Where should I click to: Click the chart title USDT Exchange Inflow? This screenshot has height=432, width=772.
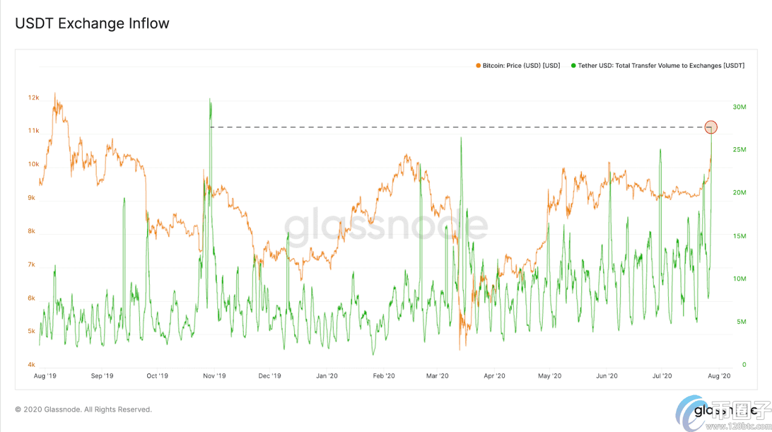pyautogui.click(x=92, y=24)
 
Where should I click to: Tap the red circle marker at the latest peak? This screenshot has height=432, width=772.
pyautogui.click(x=711, y=127)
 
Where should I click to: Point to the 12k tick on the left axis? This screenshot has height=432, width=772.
pyautogui.click(x=34, y=98)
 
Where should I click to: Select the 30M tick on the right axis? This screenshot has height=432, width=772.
pyautogui.click(x=739, y=107)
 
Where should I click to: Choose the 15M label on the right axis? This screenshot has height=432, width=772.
pyautogui.click(x=739, y=236)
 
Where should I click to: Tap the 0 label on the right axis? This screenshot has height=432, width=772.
pyautogui.click(x=727, y=364)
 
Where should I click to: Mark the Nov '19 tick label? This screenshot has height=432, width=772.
pyautogui.click(x=214, y=376)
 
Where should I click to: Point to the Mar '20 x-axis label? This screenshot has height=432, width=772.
pyautogui.click(x=437, y=376)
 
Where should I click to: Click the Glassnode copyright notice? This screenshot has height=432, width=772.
pyautogui.click(x=83, y=409)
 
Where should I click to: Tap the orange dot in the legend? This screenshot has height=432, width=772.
pyautogui.click(x=478, y=65)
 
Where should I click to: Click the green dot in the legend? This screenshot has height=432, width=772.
pyautogui.click(x=573, y=65)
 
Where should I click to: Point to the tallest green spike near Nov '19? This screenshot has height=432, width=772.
pyautogui.click(x=210, y=100)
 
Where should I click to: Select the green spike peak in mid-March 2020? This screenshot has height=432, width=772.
pyautogui.click(x=461, y=138)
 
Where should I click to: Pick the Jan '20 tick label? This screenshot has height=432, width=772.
pyautogui.click(x=326, y=376)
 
